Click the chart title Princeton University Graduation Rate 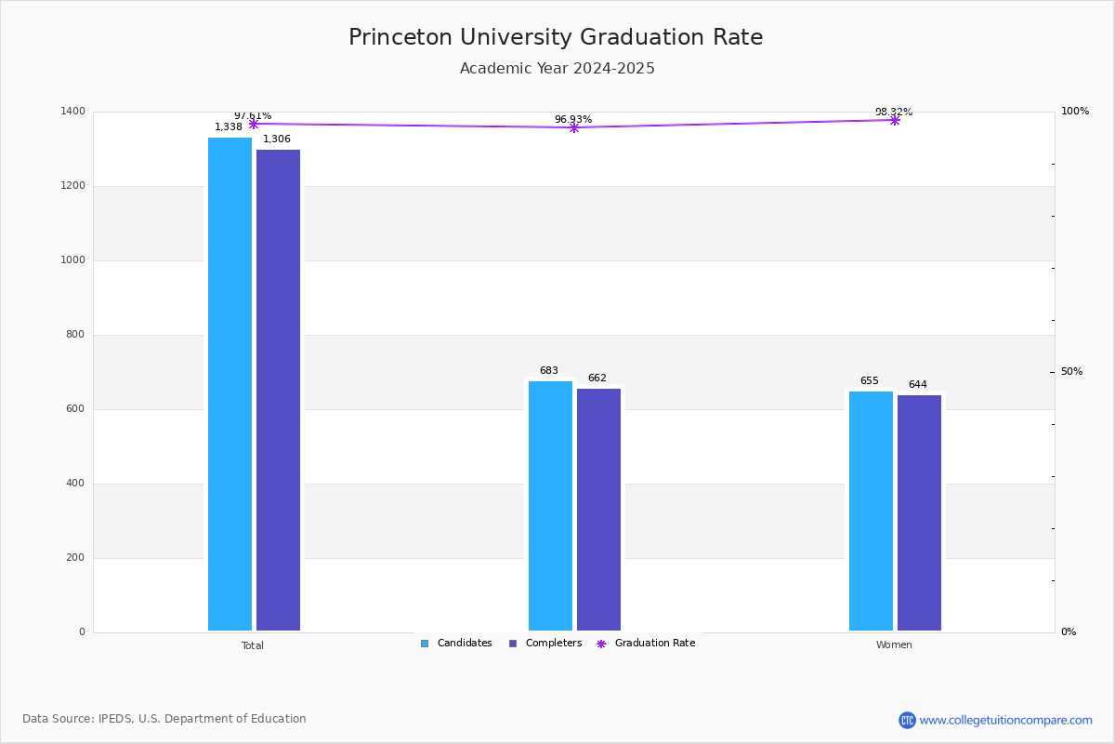(x=556, y=37)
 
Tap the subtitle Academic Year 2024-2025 (x=557, y=69)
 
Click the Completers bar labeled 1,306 (x=278, y=390)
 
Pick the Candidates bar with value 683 (x=550, y=506)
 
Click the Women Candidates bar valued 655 (x=871, y=511)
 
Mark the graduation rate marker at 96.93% (x=573, y=127)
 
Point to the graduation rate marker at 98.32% (x=895, y=120)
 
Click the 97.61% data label (x=253, y=115)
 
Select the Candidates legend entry (x=456, y=644)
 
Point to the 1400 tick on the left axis (x=73, y=112)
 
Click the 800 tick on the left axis (x=76, y=335)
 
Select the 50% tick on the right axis (x=1071, y=372)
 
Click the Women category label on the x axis (x=894, y=645)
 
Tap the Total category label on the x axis (x=253, y=645)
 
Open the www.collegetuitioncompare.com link (x=1004, y=720)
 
